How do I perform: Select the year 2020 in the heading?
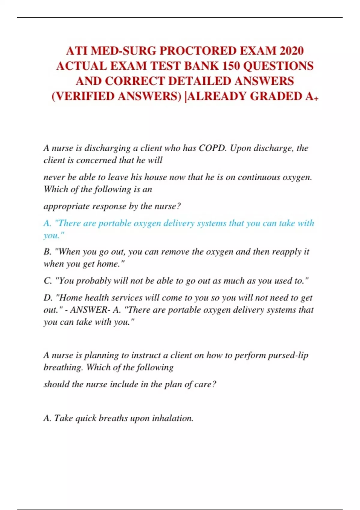tap(291, 51)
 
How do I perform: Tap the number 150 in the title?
tap(230, 66)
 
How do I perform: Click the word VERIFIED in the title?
tap(85, 96)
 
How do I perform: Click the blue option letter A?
tap(47, 223)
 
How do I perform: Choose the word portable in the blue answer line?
tap(115, 223)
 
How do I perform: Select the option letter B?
tap(47, 251)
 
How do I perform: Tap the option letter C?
tap(47, 280)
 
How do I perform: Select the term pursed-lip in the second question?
tap(288, 355)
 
